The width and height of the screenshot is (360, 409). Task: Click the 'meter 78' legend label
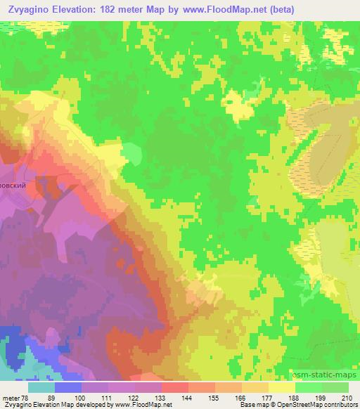(x=14, y=398)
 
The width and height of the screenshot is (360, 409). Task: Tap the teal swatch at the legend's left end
(x=41, y=387)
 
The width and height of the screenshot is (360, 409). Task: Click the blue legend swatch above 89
(x=67, y=387)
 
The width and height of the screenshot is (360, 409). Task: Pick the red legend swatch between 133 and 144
(x=175, y=387)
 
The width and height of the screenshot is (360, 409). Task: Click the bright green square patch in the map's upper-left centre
(x=131, y=152)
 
